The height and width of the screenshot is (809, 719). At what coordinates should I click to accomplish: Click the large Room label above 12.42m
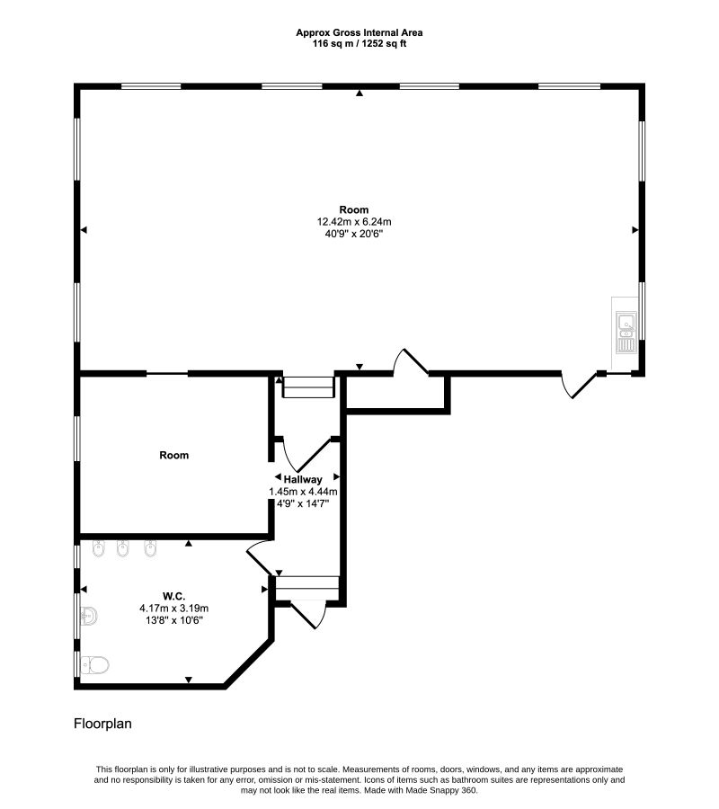(354, 209)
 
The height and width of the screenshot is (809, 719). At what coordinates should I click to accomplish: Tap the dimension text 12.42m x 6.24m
(354, 222)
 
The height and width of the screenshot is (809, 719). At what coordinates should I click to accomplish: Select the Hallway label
(303, 479)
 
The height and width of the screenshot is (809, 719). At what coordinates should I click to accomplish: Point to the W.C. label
(173, 597)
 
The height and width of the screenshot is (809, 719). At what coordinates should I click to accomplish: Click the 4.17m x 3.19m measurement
(173, 609)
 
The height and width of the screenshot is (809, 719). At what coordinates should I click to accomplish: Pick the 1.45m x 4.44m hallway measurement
(303, 492)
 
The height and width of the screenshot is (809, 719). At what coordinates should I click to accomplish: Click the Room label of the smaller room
(173, 455)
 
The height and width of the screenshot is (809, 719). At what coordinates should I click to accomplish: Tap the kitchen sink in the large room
(626, 333)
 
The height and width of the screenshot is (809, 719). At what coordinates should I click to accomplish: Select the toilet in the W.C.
(95, 665)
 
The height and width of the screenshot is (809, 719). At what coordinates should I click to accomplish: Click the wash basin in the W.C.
(89, 616)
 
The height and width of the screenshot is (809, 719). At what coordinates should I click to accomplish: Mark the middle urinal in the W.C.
(122, 548)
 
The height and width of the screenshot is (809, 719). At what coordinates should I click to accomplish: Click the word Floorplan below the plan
(102, 724)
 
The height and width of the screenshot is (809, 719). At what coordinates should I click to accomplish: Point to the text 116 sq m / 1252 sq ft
(359, 44)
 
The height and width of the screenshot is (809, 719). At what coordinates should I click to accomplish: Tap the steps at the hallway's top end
(308, 387)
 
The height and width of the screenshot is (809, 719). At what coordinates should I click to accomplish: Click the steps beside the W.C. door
(307, 589)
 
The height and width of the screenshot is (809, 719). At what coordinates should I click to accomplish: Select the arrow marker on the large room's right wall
(635, 230)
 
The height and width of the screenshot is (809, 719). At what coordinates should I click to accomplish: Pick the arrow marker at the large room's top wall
(359, 93)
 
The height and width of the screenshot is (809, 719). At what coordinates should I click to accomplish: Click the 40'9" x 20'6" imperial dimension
(354, 234)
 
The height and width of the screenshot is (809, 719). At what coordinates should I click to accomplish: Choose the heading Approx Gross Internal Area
(359, 32)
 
